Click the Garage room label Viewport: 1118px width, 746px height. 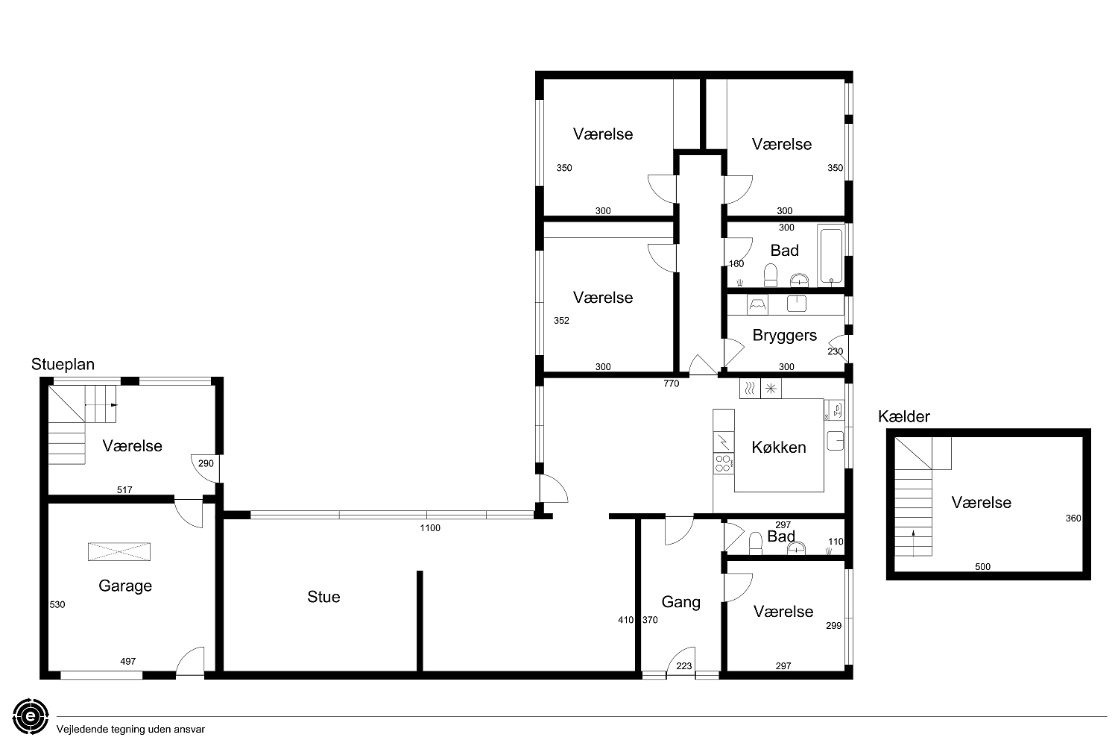point(125,586)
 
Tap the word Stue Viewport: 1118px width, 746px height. point(323,597)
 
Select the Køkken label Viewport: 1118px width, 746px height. point(779,447)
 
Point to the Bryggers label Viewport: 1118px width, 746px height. point(785,335)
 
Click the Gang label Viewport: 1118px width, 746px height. point(680,602)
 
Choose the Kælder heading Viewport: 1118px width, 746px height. point(904,417)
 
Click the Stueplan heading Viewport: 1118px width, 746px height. point(63,364)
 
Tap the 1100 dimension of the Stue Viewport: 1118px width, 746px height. point(430,527)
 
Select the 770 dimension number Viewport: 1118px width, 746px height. point(672,383)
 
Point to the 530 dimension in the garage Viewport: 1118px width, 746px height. point(57,604)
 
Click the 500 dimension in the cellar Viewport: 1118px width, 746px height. point(982,567)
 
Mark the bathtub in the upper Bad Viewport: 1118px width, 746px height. point(831,257)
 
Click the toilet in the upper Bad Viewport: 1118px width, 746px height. point(771,275)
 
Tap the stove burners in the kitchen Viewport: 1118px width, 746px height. point(723,463)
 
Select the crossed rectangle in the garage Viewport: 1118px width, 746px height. point(119,551)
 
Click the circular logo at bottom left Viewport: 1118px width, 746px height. point(31,716)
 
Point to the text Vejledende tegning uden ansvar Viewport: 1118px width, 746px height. point(130,730)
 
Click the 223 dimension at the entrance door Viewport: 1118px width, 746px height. point(683,665)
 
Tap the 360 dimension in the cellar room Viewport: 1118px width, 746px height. point(1073,518)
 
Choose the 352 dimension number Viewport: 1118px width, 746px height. point(561,320)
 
